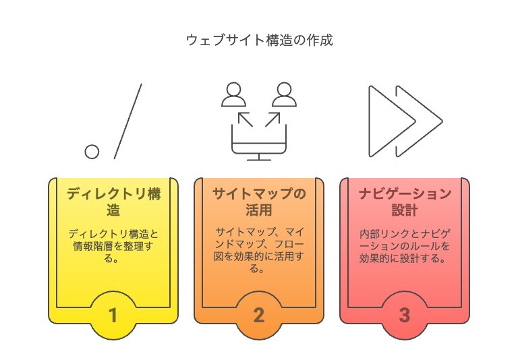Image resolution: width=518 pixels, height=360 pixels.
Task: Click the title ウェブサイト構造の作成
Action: pos(259,40)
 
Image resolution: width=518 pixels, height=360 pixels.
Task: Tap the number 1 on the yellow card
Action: pos(113,315)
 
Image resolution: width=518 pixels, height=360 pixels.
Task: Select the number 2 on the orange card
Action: pos(259,315)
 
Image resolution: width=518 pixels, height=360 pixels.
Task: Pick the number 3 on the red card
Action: pos(404,315)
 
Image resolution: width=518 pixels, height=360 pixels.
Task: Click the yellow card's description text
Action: pos(113,245)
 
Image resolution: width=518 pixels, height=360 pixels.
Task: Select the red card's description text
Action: pos(404,245)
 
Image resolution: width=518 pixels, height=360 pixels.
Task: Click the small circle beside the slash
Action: pos(92,151)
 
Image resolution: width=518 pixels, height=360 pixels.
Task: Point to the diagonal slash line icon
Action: pos(127,121)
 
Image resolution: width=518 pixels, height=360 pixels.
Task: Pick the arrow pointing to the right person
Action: pos(273,119)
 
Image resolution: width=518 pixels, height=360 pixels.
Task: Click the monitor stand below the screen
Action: pos(259,156)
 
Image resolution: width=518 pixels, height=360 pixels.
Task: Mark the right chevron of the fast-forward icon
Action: pos(424,121)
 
